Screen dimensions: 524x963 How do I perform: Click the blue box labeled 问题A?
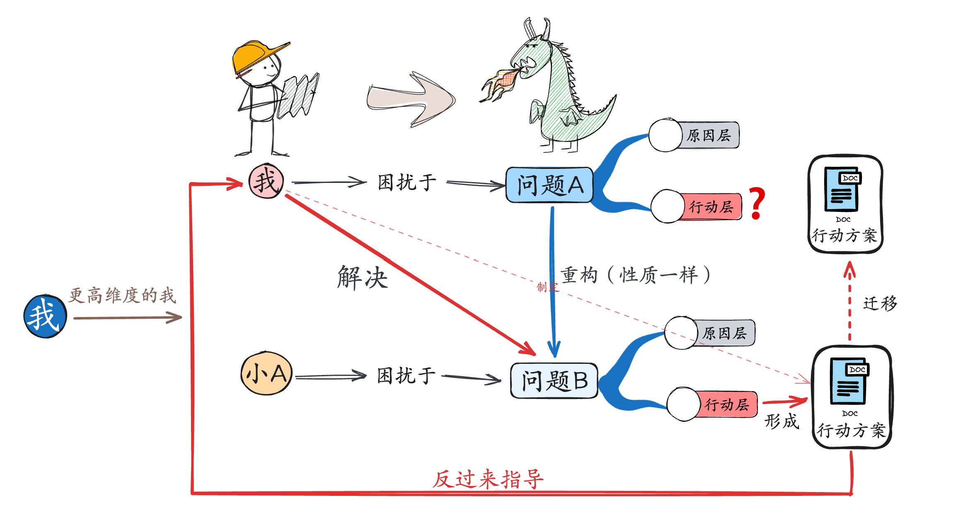[x=549, y=185]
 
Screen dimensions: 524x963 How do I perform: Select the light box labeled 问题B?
[x=554, y=381]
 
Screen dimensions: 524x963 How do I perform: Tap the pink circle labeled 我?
[x=266, y=181]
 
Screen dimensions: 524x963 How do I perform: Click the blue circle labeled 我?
[x=45, y=317]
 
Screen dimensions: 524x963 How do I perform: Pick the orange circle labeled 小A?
[x=266, y=373]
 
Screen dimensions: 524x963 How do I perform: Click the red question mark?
[x=757, y=203]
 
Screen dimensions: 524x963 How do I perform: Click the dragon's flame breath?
[x=500, y=85]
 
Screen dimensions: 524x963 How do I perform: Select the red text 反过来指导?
[x=488, y=480]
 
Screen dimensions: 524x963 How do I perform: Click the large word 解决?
[x=363, y=277]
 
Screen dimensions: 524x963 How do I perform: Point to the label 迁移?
[x=880, y=303]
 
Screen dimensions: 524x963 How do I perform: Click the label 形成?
[x=782, y=421]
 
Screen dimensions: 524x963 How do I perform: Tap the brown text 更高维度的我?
[x=122, y=296]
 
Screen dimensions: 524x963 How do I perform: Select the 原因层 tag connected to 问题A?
[x=709, y=135]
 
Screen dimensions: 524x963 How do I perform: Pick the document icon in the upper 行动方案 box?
[x=842, y=189]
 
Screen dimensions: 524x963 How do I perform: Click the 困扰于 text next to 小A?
[x=406, y=376]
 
